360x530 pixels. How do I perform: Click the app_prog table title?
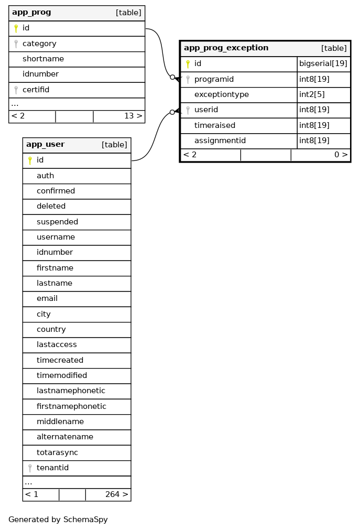[31, 13]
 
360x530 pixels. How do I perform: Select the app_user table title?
[46, 145]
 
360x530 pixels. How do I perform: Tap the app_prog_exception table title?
[226, 48]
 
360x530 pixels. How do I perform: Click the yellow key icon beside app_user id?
[30, 160]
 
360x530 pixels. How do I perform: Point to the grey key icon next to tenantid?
[30, 468]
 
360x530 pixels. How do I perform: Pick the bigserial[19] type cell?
[323, 64]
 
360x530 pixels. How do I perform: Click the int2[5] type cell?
[312, 95]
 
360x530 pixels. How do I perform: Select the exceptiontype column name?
[221, 95]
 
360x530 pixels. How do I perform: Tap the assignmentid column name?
[220, 141]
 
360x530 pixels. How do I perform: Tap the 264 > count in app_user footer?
[116, 494]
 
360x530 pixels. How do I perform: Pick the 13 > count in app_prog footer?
[133, 116]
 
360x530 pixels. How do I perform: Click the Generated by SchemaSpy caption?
[58, 520]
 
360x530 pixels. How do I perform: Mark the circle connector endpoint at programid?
[172, 77]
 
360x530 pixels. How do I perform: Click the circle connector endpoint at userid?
[172, 112]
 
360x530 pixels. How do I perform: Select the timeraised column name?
[214, 126]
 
